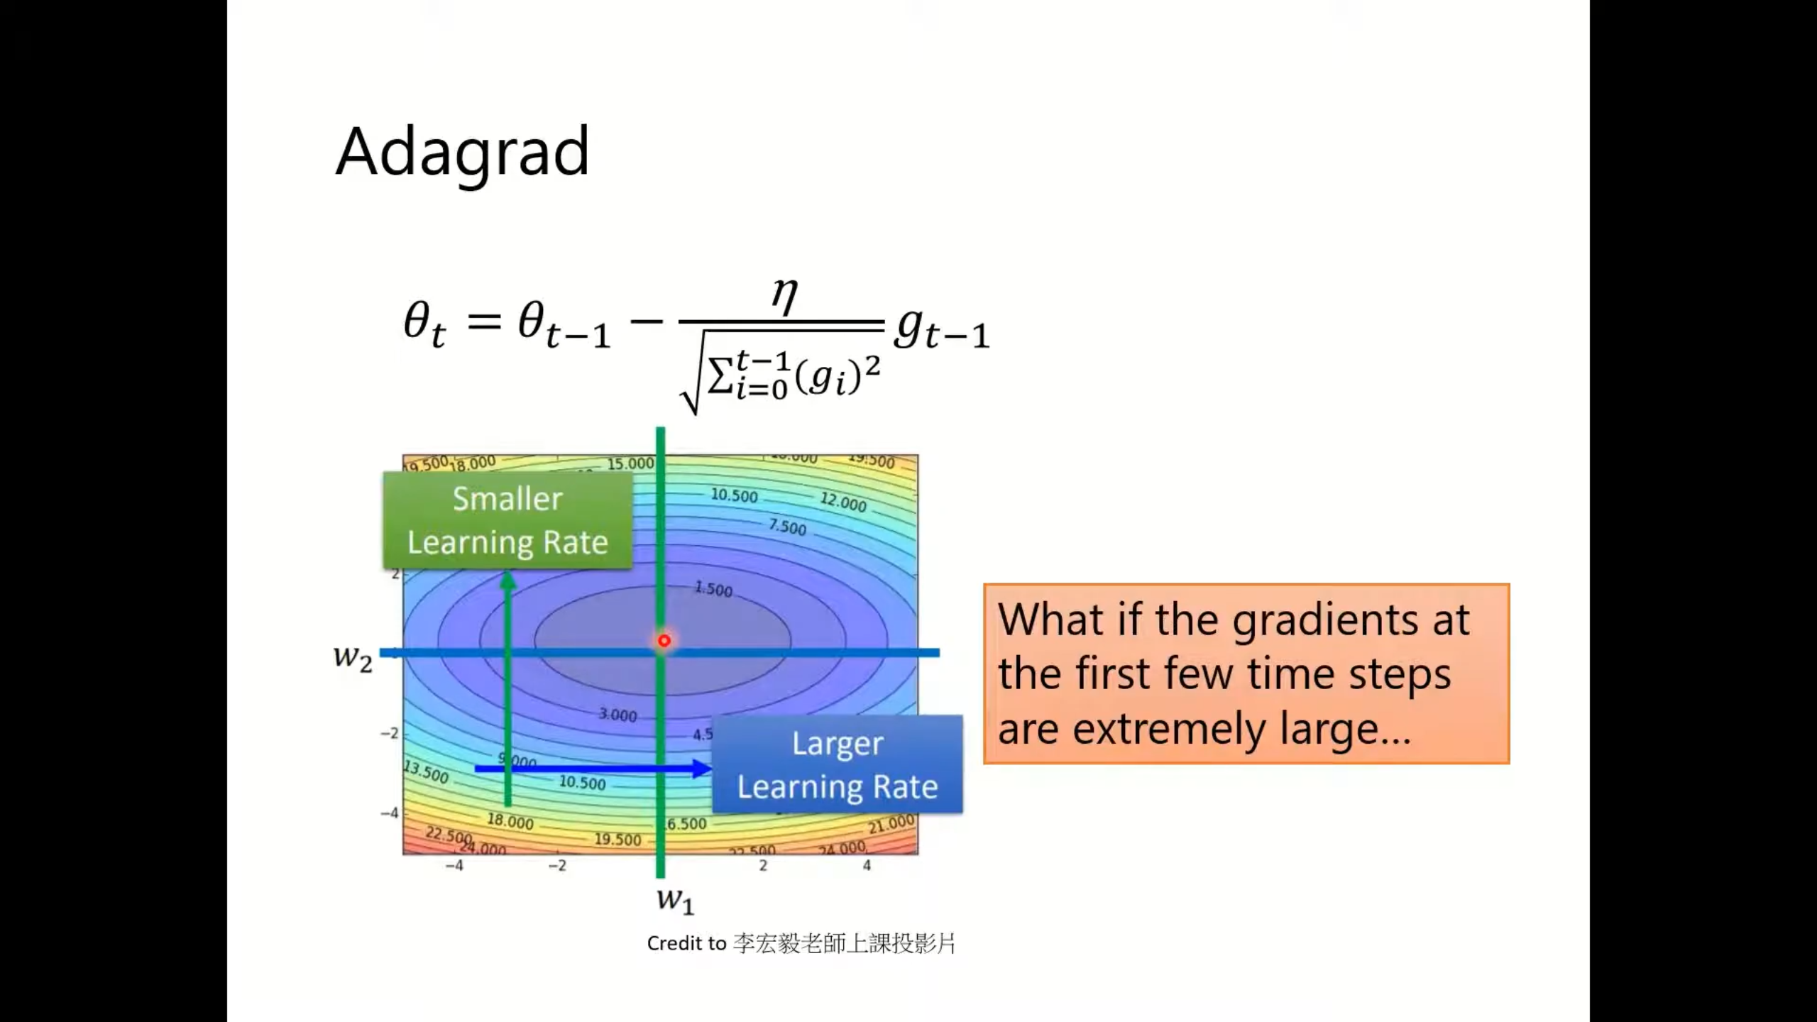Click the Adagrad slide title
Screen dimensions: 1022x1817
point(462,152)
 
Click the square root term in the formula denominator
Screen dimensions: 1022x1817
point(781,375)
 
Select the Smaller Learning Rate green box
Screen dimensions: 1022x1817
point(507,520)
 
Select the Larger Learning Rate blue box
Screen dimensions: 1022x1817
point(837,764)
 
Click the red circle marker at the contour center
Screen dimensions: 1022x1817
point(664,641)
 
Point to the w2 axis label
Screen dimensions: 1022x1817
point(353,656)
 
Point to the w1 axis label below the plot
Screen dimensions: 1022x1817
point(675,899)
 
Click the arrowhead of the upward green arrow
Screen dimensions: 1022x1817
point(507,581)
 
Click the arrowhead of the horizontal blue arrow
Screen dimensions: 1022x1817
point(702,768)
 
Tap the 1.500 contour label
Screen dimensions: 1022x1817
point(713,589)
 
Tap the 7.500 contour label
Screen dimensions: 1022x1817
point(788,527)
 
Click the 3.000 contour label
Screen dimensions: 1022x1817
point(617,715)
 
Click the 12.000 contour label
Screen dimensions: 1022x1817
point(843,502)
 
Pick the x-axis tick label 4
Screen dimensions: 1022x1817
point(867,865)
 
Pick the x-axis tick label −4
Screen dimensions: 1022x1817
point(454,865)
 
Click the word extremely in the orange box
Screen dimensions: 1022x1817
point(1168,729)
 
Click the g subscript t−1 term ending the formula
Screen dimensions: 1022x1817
point(941,329)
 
